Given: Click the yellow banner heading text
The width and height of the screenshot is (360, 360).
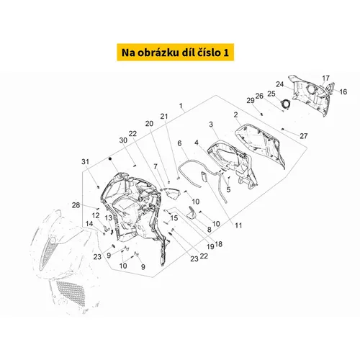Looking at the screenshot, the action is [175, 53].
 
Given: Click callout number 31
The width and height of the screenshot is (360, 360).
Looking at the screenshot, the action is [85, 162].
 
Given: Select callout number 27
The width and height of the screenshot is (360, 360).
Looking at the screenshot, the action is [304, 136].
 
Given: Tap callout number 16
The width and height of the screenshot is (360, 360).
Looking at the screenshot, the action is [343, 91].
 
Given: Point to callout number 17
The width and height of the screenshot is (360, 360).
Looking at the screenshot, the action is [325, 78].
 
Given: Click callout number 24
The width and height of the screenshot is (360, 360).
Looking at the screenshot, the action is [280, 84].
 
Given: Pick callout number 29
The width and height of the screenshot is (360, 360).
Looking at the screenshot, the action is [251, 100].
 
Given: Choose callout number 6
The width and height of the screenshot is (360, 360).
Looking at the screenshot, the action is [179, 143].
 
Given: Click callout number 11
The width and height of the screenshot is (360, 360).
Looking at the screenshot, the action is [238, 225].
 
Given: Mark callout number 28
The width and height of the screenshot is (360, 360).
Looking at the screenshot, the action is [76, 205].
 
